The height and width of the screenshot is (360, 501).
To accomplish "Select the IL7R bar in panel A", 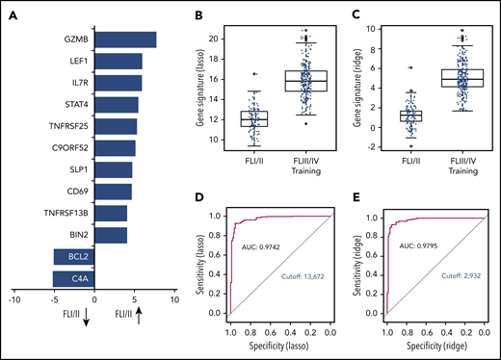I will (118, 83).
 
